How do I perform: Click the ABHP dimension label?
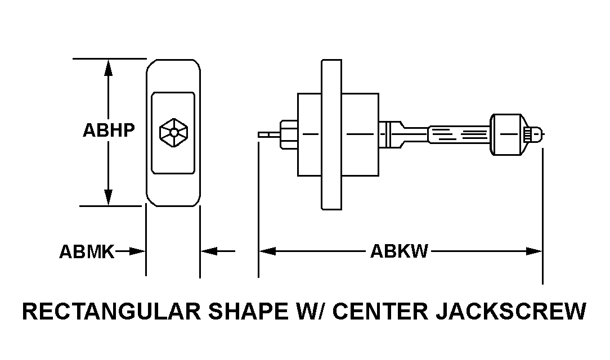[109, 130]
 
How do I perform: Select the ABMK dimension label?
[87, 251]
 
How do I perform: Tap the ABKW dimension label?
[399, 251]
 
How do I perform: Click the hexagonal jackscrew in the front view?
[174, 133]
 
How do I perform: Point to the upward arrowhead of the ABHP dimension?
[108, 68]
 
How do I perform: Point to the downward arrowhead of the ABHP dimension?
[108, 197]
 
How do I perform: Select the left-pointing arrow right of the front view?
[217, 251]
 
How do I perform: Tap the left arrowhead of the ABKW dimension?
[267, 251]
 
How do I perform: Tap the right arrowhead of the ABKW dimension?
[534, 251]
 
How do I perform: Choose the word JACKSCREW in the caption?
[511, 311]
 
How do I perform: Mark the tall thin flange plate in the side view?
[331, 134]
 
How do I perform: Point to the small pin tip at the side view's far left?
[269, 134]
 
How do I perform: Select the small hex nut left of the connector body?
[289, 134]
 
